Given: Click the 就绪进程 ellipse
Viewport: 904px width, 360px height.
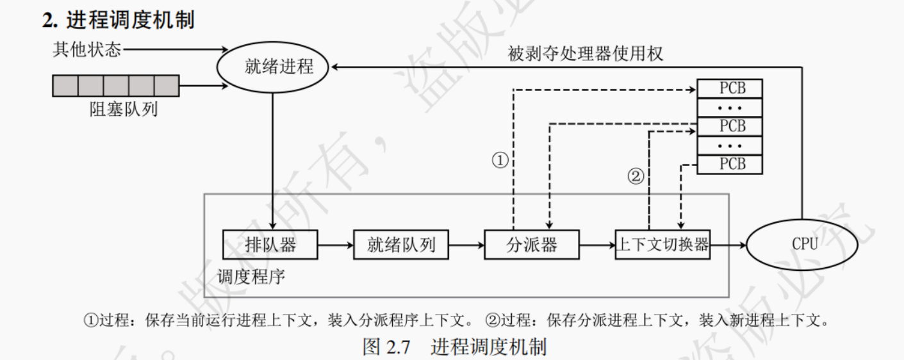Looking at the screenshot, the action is tap(273, 67).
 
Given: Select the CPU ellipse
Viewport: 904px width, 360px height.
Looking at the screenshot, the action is tap(805, 244).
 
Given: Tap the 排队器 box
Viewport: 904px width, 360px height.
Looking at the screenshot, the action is tap(271, 244).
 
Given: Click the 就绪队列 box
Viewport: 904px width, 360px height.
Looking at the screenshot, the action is tap(401, 244).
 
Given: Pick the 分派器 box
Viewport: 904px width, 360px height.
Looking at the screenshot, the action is tap(531, 244).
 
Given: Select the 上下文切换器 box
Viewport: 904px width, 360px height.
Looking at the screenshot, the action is tap(662, 244).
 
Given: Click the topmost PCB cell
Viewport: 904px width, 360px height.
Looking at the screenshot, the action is tap(730, 88).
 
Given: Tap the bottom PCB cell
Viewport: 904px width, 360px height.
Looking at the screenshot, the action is tap(730, 165).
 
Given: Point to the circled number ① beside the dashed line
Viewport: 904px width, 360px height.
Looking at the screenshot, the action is tap(500, 161).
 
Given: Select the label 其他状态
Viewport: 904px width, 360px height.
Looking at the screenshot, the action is tap(86, 49).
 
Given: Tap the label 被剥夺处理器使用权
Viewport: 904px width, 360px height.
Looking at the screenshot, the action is tap(586, 54).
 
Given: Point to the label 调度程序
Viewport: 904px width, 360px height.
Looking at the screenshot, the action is tap(251, 277).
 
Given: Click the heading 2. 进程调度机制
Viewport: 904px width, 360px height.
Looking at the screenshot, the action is tap(119, 20).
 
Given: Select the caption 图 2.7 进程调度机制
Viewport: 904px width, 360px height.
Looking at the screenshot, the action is tap(454, 347).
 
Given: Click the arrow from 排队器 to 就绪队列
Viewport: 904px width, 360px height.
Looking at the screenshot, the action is tap(336, 244).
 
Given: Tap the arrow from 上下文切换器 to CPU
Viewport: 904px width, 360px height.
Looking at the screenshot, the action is tap(729, 244).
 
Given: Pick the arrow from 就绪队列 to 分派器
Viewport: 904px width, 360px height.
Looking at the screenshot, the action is tap(466, 244).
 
